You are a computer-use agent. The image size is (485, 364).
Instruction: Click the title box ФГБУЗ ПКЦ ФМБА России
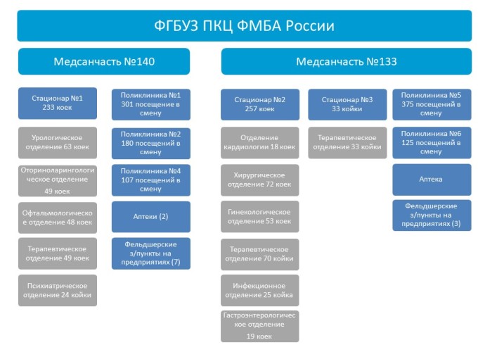245,26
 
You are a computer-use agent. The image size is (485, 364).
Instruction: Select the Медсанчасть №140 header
104,61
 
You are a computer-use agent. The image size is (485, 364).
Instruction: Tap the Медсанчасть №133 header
347,61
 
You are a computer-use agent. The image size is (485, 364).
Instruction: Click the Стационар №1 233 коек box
58,103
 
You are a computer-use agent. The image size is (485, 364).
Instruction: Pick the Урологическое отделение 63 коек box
58,142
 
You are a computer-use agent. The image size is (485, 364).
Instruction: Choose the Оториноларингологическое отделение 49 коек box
58,181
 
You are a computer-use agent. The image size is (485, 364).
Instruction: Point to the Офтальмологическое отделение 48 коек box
58,218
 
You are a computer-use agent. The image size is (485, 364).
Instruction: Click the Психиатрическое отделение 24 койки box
58,290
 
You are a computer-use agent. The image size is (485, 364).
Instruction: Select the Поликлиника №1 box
151,104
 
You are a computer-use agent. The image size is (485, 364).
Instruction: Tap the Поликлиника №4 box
151,180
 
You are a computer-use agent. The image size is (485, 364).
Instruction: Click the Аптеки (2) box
151,217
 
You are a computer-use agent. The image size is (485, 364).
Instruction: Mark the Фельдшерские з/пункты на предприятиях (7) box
151,253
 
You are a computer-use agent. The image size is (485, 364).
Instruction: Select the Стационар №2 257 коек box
260,104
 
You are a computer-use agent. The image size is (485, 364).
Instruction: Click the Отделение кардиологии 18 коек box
260,142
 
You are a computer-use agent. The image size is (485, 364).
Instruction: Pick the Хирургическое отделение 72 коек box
260,180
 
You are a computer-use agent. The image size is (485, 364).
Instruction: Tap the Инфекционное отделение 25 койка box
260,290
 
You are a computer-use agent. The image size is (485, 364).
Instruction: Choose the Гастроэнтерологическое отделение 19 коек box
260,326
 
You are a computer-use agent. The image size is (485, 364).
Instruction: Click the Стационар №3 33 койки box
347,104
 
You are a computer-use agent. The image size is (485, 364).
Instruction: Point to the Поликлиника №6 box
432,142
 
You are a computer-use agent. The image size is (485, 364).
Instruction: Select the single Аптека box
432,180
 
